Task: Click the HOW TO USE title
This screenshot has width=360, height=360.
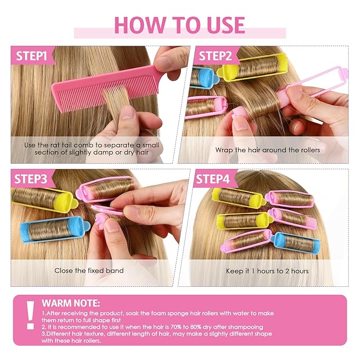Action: coord(180,25)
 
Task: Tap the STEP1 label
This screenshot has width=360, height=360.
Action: coord(31,56)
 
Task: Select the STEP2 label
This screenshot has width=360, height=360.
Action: coord(215,56)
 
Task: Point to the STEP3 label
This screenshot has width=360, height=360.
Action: coord(31,179)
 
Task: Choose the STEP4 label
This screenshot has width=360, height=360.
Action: coord(213,179)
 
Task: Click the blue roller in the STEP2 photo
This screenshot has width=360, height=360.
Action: coord(204,77)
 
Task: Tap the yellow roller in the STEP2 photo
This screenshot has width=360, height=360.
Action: coord(252,67)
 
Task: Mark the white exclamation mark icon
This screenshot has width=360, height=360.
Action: coord(30,315)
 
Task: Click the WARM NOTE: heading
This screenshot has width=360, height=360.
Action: coord(71,303)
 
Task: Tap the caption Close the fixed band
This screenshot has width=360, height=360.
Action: coord(89,270)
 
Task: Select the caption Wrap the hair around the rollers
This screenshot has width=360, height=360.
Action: coord(268,150)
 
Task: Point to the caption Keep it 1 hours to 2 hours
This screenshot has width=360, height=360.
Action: coord(267,271)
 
